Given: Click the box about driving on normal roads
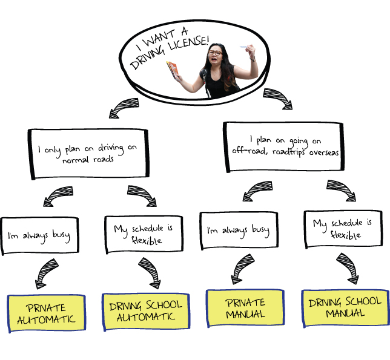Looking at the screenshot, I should coord(88,153).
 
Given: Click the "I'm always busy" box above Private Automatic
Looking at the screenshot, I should coord(40,234).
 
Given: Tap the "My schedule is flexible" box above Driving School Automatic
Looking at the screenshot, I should coord(143,234).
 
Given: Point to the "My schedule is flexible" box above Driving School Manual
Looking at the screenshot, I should coord(342,229).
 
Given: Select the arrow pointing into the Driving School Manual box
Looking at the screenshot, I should coord(346,269).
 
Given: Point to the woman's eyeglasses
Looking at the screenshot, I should coord(214,53).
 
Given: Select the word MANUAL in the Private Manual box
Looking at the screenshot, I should coord(245,314).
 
